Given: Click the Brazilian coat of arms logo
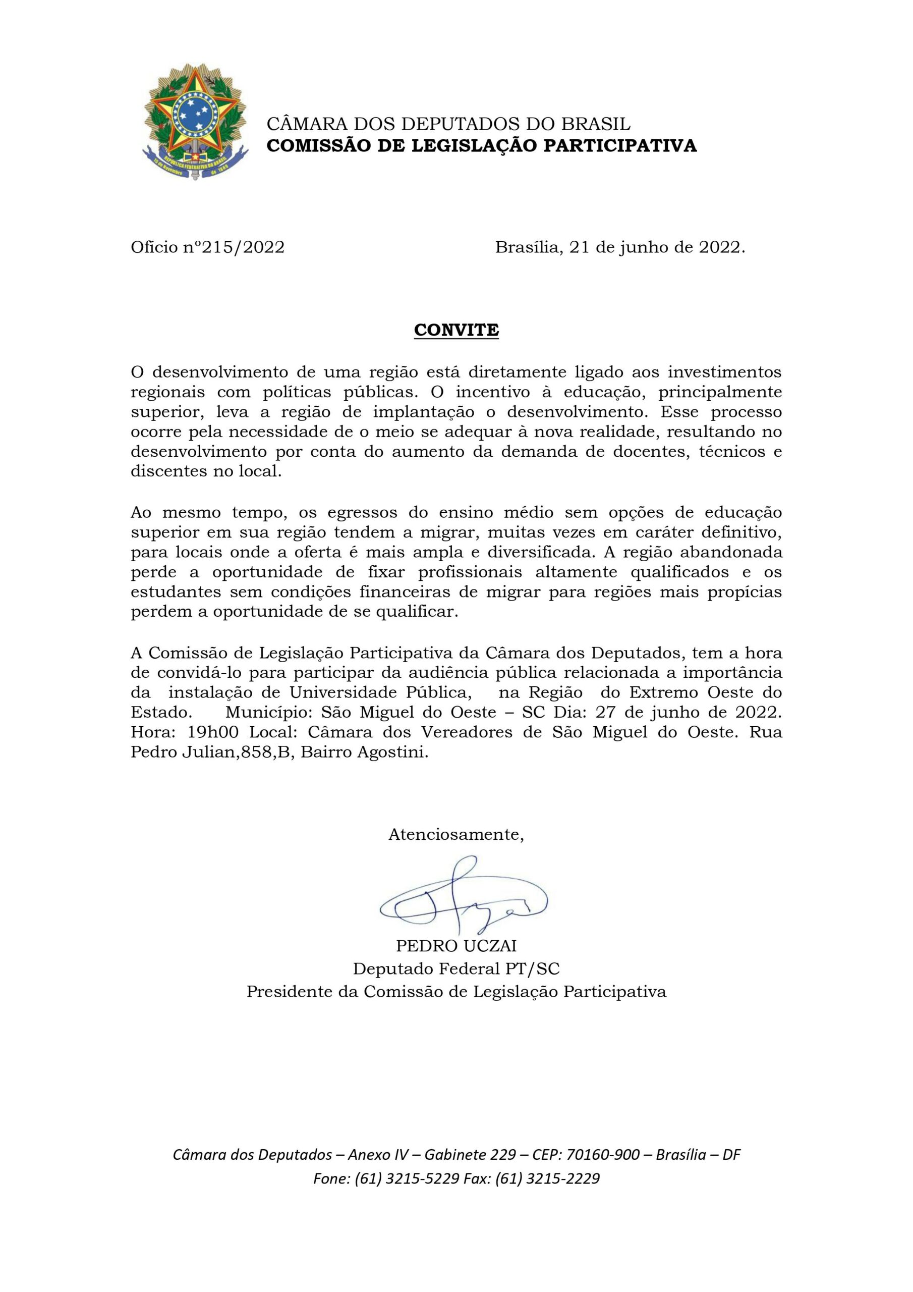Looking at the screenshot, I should click(195, 123).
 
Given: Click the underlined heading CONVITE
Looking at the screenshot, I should click(456, 330).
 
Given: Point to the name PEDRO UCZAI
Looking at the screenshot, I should click(456, 945).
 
